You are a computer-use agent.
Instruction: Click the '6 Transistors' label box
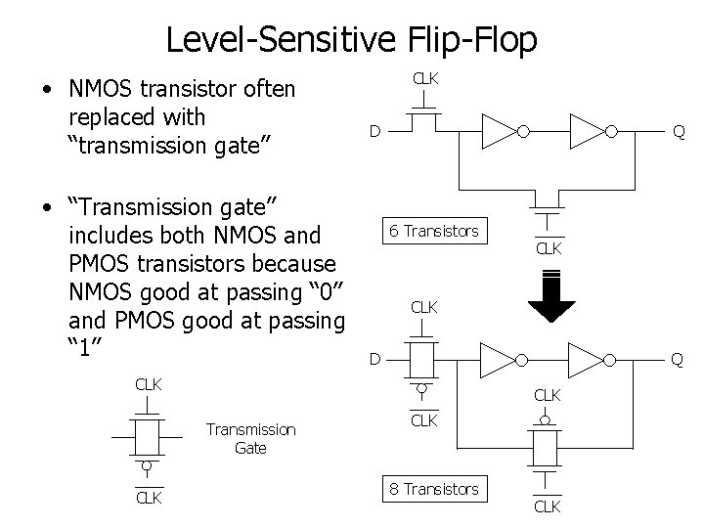tap(434, 232)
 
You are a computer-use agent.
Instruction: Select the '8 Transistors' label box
tap(434, 489)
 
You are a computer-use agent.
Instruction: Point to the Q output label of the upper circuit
tap(676, 131)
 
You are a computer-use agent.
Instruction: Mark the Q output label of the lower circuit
tap(676, 359)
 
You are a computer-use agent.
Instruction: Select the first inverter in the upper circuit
tap(501, 131)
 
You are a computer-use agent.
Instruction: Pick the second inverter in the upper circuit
tap(590, 131)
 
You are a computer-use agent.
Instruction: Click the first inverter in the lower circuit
tap(501, 359)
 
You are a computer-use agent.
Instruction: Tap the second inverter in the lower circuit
tap(590, 359)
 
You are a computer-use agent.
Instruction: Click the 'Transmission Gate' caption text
tap(250, 438)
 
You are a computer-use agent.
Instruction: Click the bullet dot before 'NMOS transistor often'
tap(47, 91)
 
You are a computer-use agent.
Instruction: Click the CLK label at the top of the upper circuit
tap(423, 77)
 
